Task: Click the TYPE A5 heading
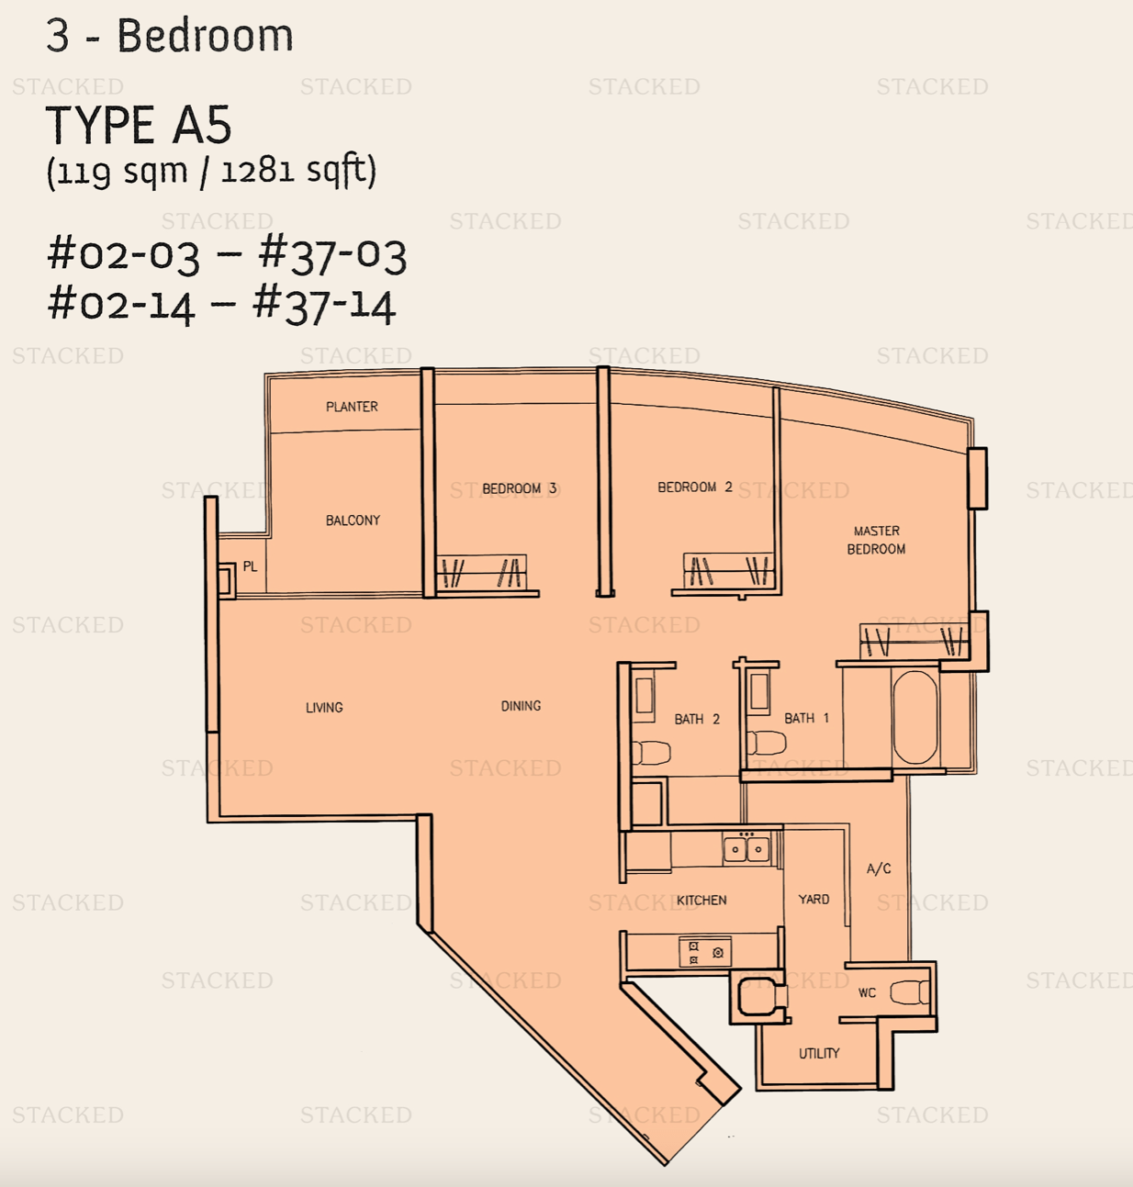coord(139,125)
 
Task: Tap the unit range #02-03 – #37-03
coord(227,255)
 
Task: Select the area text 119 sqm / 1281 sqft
coord(211,172)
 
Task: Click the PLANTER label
coord(352,407)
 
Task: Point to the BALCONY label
coord(353,520)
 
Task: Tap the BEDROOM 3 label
coord(519,487)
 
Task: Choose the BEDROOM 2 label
coord(694,487)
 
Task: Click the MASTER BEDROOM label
coord(876,540)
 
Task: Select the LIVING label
coord(324,707)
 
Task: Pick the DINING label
coord(521,705)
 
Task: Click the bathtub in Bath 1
coord(915,717)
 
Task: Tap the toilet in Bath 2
coord(651,752)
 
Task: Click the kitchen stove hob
coord(705,952)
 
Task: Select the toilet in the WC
coord(910,992)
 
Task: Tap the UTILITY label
coord(819,1054)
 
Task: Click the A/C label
coord(879,868)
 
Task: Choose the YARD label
coord(813,899)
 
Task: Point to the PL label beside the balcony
coord(250,566)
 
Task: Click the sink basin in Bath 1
coord(758,691)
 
